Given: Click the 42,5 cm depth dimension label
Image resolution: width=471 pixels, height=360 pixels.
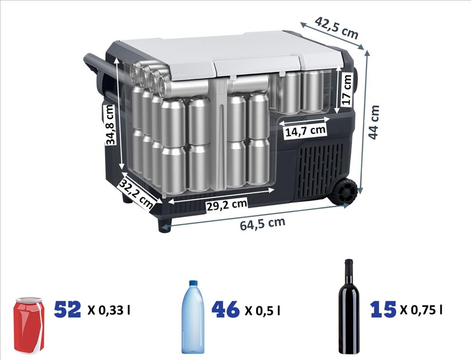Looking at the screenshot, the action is click(336, 28).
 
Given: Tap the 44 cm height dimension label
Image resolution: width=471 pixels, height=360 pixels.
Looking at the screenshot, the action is click(373, 122).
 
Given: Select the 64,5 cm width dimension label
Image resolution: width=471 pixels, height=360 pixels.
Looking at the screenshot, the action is click(262, 224).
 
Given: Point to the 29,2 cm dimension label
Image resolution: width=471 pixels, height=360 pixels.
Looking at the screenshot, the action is click(227, 204).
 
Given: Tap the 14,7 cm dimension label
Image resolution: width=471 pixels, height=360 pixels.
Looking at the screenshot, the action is click(305, 131).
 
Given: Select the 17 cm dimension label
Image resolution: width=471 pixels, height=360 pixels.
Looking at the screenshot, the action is click(347, 89).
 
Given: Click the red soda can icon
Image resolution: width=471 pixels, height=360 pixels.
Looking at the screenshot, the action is click(29, 325).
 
